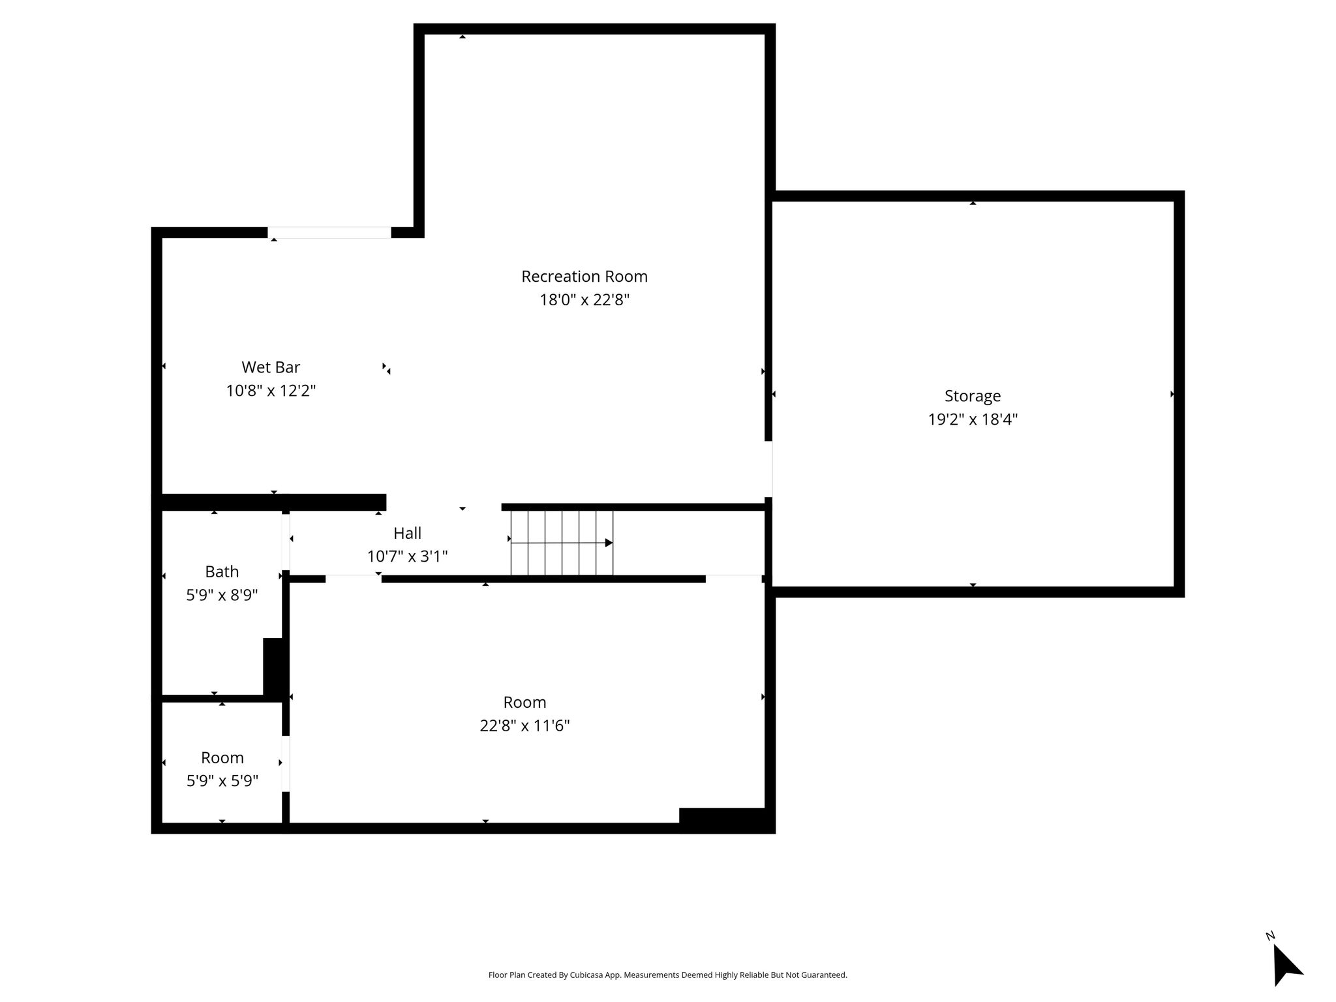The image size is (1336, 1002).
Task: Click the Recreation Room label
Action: pyautogui.click(x=584, y=277)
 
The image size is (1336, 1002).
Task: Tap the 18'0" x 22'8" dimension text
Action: pyautogui.click(x=584, y=300)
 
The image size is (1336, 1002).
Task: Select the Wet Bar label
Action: pyautogui.click(x=271, y=367)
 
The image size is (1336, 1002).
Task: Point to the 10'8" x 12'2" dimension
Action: pyautogui.click(x=271, y=391)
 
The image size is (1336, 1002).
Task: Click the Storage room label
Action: pyautogui.click(x=972, y=396)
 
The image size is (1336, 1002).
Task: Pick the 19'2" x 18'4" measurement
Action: pyautogui.click(x=973, y=419)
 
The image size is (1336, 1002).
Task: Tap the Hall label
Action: pyautogui.click(x=407, y=534)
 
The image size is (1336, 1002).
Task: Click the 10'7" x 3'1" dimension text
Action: pyautogui.click(x=407, y=556)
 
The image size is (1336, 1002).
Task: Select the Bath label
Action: pyautogui.click(x=222, y=572)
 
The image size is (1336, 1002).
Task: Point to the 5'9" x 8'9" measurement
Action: pyautogui.click(x=222, y=595)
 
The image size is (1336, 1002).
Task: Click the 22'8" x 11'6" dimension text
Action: pyautogui.click(x=524, y=725)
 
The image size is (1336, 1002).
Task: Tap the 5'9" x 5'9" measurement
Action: pyautogui.click(x=222, y=781)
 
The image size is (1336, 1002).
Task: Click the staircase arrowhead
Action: pyautogui.click(x=609, y=543)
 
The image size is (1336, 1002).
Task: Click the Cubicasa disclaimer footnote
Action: pyautogui.click(x=667, y=975)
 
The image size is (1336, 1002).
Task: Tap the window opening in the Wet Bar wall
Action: pyautogui.click(x=329, y=233)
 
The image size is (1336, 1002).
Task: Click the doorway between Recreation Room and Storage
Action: pyautogui.click(x=768, y=469)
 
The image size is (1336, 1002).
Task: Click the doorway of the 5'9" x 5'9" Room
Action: pyautogui.click(x=286, y=763)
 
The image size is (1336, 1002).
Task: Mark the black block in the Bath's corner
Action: pyautogui.click(x=273, y=667)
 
